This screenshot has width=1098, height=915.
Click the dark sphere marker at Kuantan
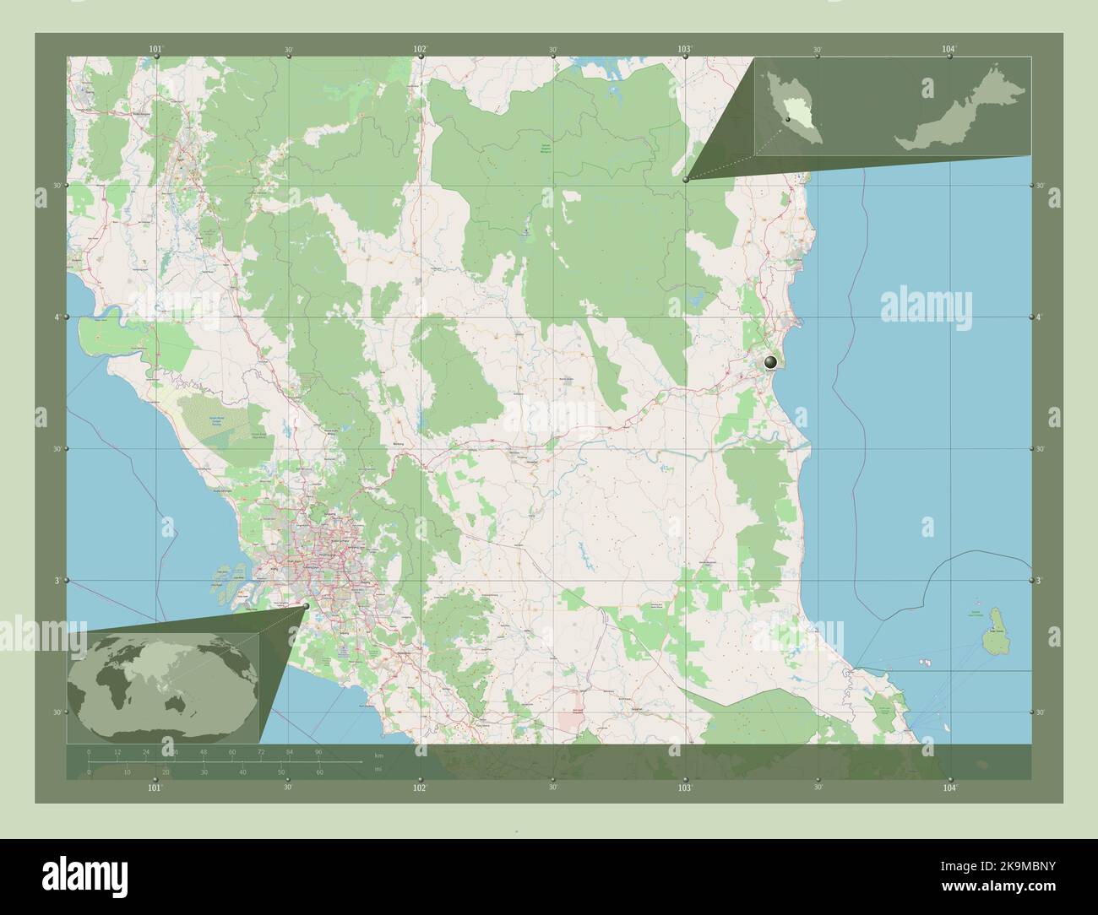(769, 363)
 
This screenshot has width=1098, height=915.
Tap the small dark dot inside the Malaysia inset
(787, 120)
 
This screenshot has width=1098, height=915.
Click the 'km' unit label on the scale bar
(379, 755)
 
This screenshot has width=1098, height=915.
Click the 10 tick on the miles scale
(127, 772)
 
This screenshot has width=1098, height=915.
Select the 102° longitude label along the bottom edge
(419, 787)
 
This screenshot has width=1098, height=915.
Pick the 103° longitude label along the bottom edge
(684, 787)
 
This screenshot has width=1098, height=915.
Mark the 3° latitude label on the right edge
(1039, 582)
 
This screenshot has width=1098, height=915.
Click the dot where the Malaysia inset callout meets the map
(685, 179)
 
